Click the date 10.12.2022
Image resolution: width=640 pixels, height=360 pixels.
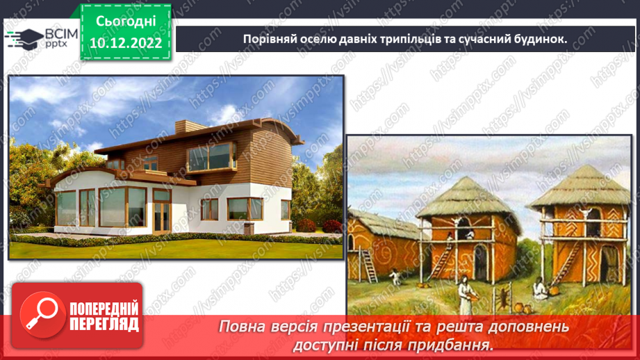click(x=126, y=43)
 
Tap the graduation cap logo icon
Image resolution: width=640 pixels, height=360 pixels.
click(x=24, y=38)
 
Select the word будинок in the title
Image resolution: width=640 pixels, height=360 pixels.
click(x=537, y=39)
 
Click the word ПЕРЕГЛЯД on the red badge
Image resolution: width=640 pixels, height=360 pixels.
click(x=104, y=324)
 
